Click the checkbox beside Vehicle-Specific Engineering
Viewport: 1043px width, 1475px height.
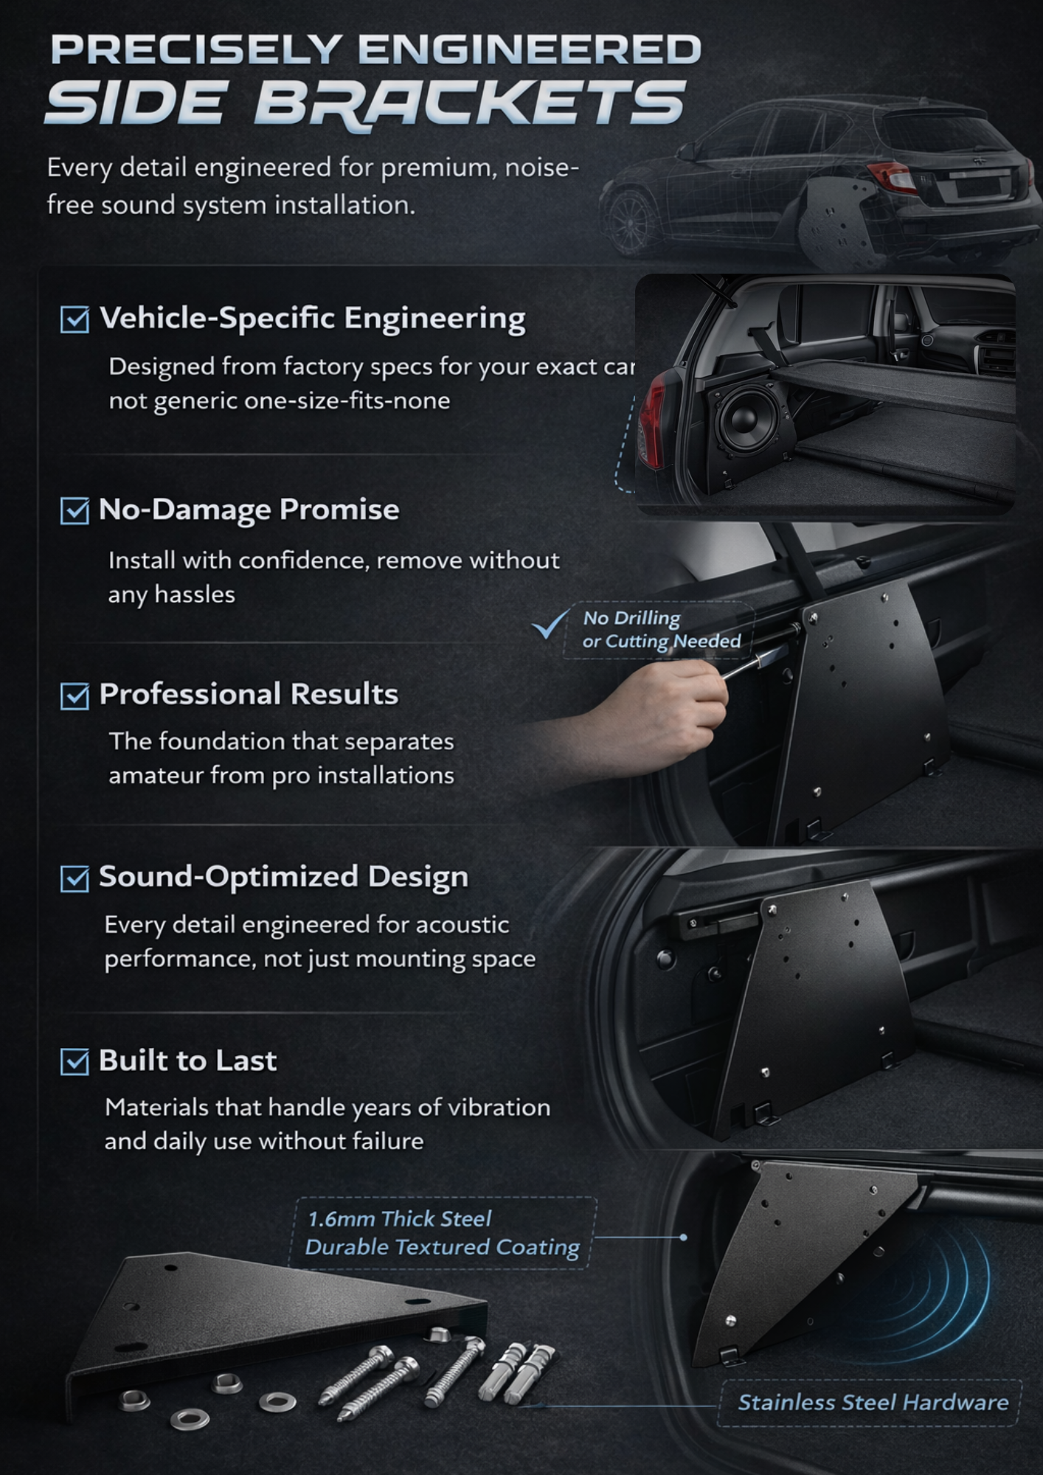click(74, 319)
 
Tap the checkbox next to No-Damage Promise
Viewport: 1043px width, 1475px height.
click(74, 510)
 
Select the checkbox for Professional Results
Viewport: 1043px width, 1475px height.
click(74, 695)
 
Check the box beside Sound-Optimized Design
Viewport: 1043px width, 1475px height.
click(74, 878)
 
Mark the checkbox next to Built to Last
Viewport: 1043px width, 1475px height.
click(74, 1061)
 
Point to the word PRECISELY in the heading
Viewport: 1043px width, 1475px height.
click(195, 50)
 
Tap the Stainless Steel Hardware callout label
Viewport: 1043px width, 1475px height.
click(873, 1402)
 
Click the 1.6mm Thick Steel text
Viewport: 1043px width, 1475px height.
click(399, 1218)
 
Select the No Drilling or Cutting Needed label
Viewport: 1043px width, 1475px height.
click(661, 630)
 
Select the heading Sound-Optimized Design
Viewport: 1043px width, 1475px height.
click(283, 877)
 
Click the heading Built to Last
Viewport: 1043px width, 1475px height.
click(187, 1061)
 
